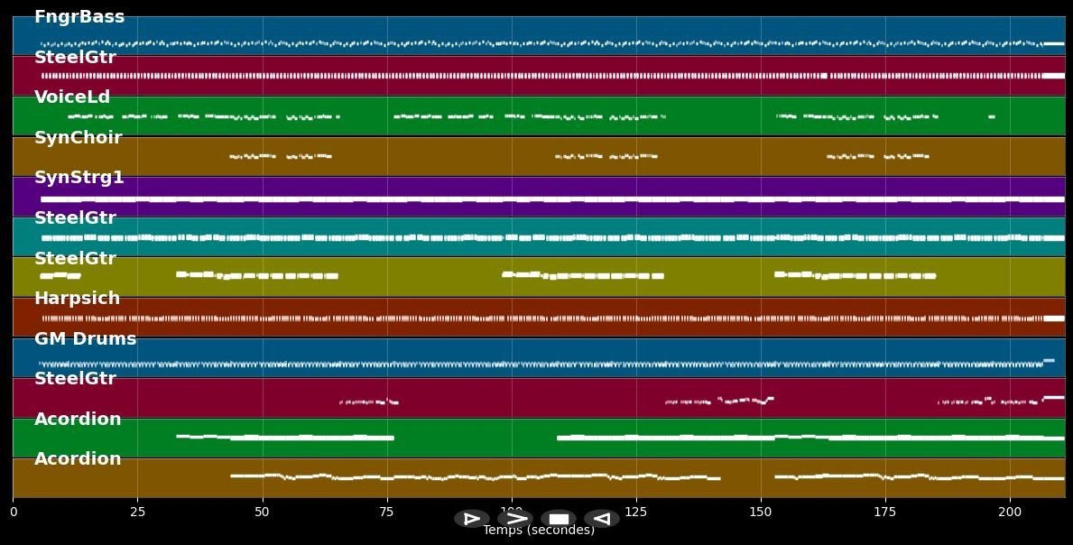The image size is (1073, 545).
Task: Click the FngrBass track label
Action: pos(79,17)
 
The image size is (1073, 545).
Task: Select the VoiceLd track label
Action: pos(72,97)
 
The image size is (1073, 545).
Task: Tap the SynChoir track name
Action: pos(78,138)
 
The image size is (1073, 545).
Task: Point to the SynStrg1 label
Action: pos(79,178)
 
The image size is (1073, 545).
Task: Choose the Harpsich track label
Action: pos(77,299)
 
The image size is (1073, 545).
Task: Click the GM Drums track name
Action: pos(85,339)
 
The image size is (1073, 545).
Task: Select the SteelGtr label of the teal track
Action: pos(75,218)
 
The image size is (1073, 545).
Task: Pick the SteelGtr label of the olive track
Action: pos(75,259)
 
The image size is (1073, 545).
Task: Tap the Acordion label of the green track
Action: pos(78,420)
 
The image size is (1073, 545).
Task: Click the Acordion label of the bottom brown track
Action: pos(78,459)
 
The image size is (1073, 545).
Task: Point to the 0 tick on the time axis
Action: pos(14,512)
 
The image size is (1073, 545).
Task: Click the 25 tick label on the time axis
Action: pos(138,512)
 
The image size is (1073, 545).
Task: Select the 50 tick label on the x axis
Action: pos(263,512)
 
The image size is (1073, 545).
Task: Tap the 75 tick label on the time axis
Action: pos(387,512)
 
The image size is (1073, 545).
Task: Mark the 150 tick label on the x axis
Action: pos(761,512)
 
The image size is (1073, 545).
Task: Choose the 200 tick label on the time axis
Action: pos(1010,512)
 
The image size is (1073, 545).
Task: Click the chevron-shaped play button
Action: pos(515,519)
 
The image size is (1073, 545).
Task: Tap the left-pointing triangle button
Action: pos(601,519)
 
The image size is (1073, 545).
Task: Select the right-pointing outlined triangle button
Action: pos(471,519)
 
